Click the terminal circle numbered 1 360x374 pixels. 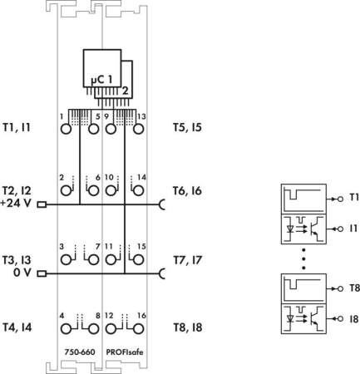(66, 129)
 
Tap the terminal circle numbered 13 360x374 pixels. (138, 129)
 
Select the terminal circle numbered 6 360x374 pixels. (94, 190)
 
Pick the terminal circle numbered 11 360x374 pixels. (111, 260)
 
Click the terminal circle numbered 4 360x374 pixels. (66, 329)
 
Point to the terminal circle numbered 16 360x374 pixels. (138, 329)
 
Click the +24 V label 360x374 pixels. (16, 204)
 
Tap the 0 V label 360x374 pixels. (22, 273)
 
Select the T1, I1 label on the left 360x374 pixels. (17, 128)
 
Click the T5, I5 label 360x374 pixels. (187, 128)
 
